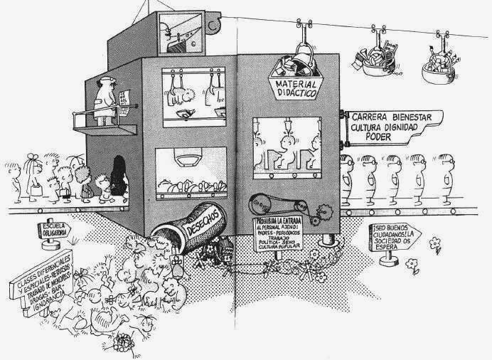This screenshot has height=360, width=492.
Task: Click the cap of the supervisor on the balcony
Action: point(105,80)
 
